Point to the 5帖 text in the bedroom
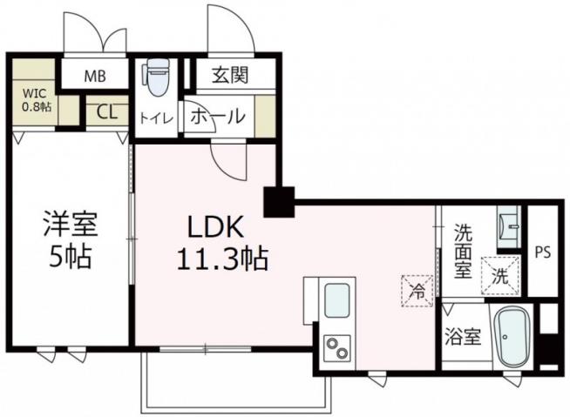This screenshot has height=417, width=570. pos(71,258)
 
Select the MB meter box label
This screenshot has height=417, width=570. pos(94,76)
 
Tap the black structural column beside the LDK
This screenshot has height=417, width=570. pos(280,202)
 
